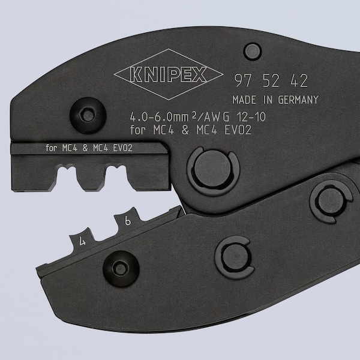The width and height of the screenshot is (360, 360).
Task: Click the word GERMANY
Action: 295,100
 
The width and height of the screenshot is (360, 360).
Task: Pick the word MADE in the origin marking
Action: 244,100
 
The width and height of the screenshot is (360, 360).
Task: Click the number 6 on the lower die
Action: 127,221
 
